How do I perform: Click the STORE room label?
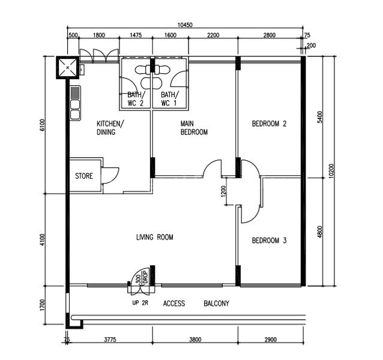click(x=84, y=176)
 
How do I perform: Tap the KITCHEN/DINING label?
click(x=110, y=128)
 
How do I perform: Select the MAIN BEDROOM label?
click(x=194, y=128)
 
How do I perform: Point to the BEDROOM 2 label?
click(x=269, y=124)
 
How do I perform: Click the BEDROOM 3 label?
click(x=269, y=241)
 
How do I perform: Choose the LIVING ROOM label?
click(x=154, y=238)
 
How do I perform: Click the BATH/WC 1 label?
click(x=169, y=99)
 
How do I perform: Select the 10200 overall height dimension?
click(x=331, y=171)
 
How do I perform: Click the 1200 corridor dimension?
click(x=223, y=192)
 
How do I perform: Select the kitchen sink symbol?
click(x=75, y=104)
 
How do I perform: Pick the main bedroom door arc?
click(x=213, y=167)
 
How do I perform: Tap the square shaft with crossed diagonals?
click(x=67, y=67)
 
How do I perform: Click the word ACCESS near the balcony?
click(x=174, y=304)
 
